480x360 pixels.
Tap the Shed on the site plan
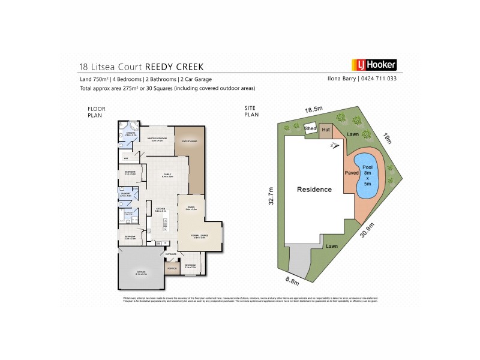tap(311, 128)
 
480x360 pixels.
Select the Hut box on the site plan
tap(326, 129)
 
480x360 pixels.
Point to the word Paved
tap(351, 173)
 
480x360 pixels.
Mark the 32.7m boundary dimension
tap(271, 195)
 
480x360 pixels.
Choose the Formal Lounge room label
tap(200, 236)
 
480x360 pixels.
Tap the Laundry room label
tap(125, 194)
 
